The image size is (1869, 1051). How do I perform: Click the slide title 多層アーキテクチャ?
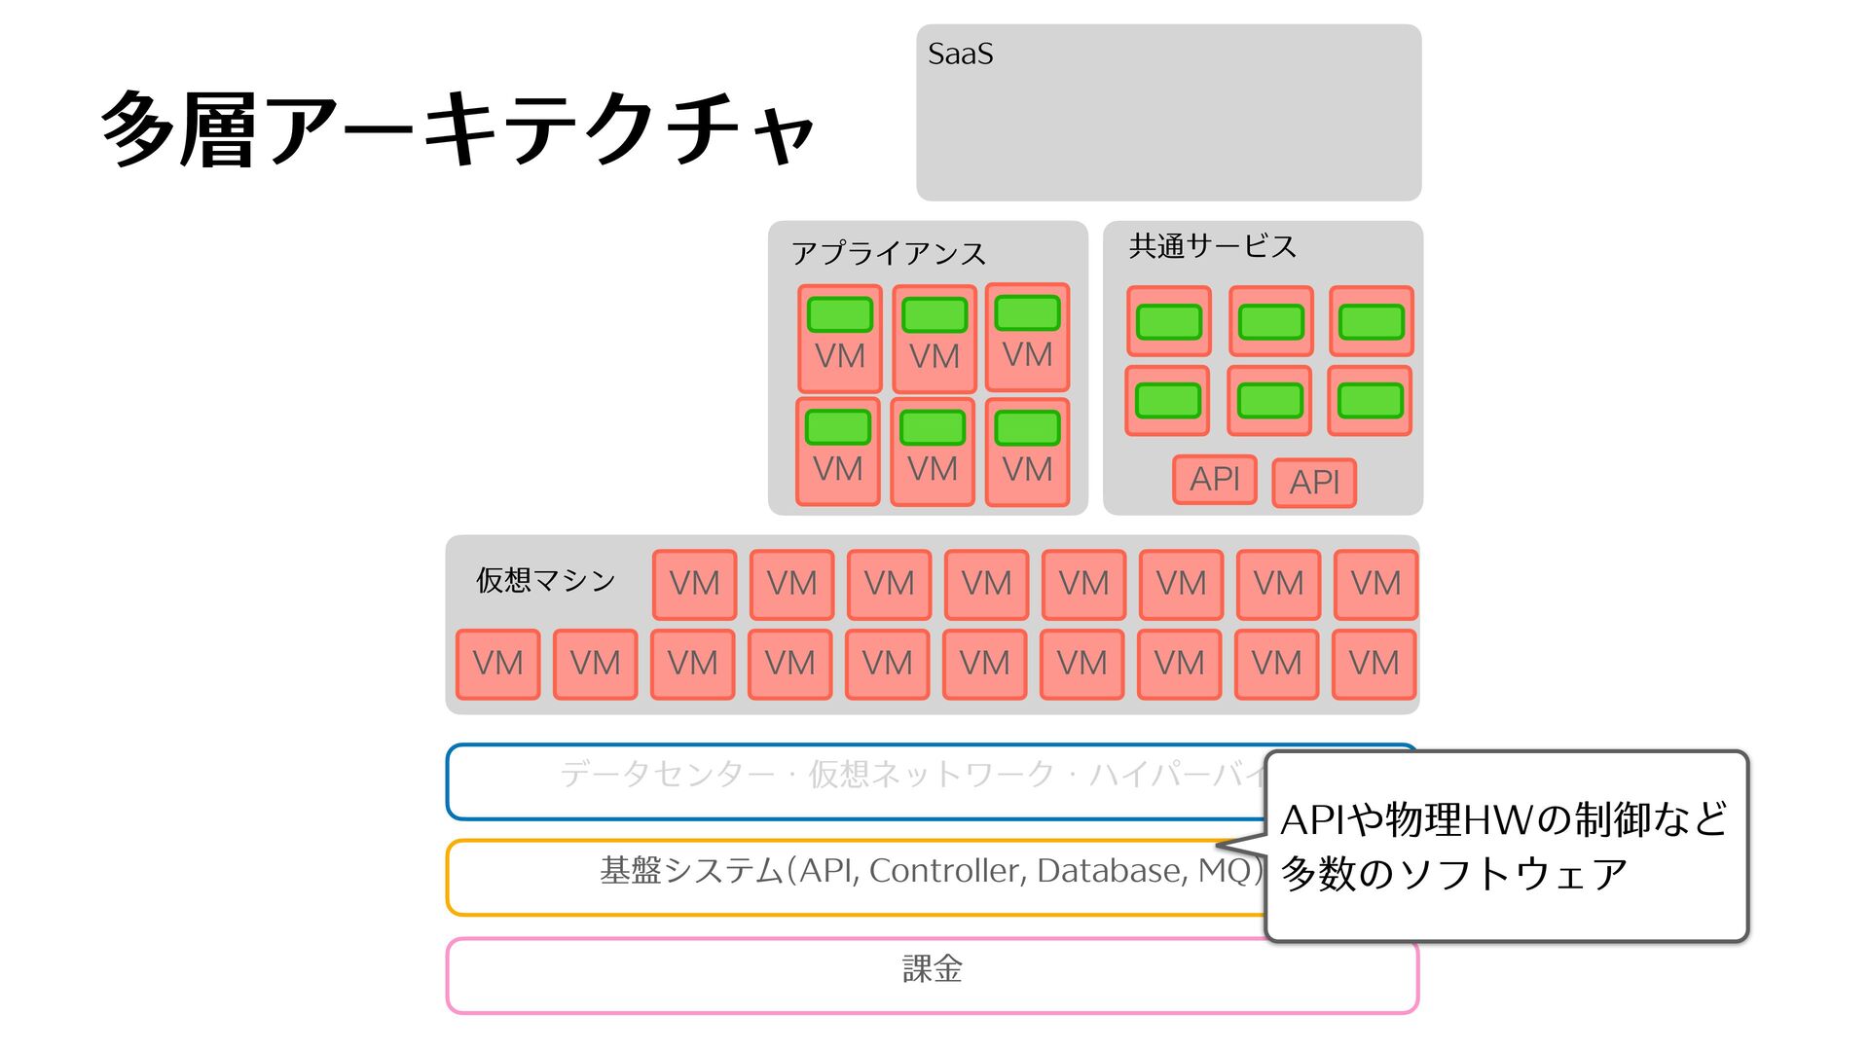(458, 129)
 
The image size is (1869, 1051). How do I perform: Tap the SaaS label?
(960, 54)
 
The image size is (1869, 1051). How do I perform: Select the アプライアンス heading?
(888, 253)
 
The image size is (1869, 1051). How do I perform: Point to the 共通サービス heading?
(1212, 246)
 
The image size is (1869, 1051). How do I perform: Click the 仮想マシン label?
(545, 580)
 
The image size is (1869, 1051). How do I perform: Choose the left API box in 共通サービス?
(1214, 479)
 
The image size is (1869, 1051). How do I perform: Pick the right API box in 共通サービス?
(1314, 482)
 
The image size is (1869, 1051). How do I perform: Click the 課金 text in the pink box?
(932, 969)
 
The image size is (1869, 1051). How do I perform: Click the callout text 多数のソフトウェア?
(1453, 874)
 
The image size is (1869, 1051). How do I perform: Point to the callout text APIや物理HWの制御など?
(1504, 819)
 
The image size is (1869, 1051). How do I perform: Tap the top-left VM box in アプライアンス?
(839, 338)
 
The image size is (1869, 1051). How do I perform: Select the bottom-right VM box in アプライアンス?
(1027, 452)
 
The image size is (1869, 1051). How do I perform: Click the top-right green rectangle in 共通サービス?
(1371, 322)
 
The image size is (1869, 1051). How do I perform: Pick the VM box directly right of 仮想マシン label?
(694, 584)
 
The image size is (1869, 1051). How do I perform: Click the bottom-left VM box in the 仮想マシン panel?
(497, 664)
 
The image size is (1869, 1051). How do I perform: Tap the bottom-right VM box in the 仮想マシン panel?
(1374, 664)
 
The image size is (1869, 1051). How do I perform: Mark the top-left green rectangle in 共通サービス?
(1168, 322)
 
